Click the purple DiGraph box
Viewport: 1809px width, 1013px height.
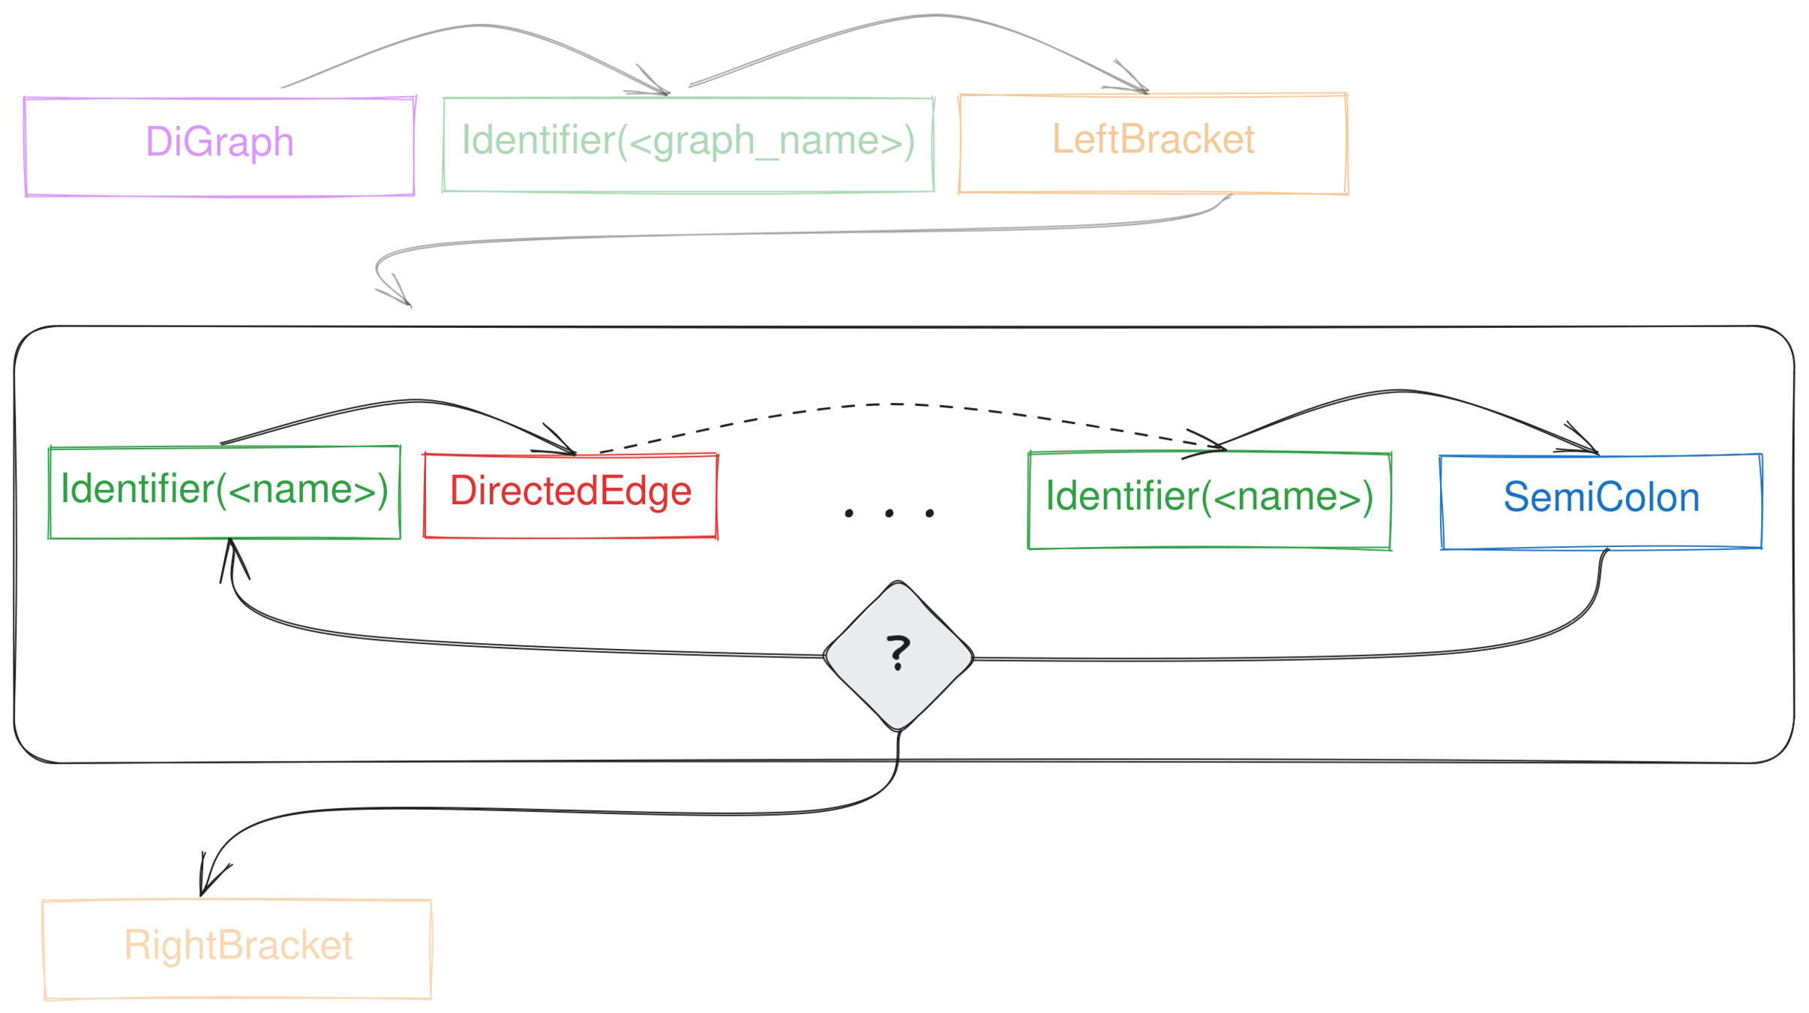[x=219, y=146]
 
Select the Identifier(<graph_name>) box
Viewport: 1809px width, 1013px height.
[x=688, y=143]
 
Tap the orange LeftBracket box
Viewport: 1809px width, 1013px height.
[x=1153, y=143]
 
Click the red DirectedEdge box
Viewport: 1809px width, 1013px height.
[x=570, y=495]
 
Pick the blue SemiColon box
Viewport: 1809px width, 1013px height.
[x=1600, y=500]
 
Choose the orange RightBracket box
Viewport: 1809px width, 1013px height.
[x=237, y=948]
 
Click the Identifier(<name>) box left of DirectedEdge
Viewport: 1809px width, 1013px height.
[x=224, y=492]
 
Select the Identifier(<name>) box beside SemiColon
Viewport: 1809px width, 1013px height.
[x=1209, y=500]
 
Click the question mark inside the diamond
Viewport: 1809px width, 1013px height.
[x=898, y=651]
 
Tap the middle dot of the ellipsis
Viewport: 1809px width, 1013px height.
[x=889, y=513]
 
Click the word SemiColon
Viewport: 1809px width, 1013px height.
[x=1600, y=497]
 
